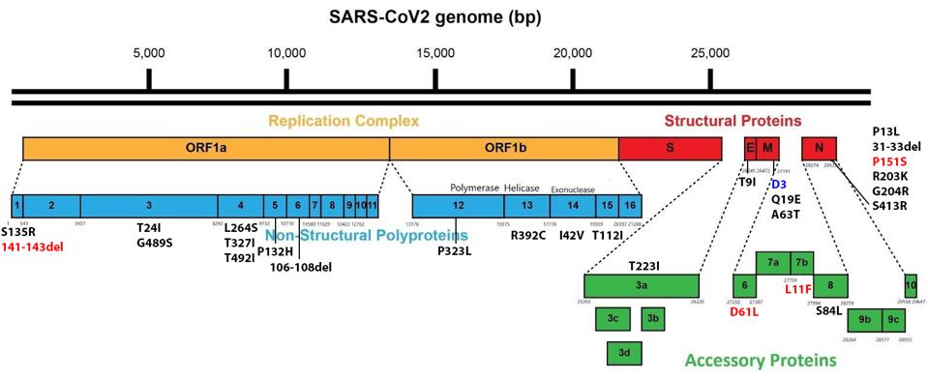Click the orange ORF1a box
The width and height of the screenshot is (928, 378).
pos(205,148)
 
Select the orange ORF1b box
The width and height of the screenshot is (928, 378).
pos(503,148)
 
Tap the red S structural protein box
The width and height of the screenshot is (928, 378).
pos(670,148)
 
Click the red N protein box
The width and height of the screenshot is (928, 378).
pos(819,148)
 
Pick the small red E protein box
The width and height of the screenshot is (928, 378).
pos(750,148)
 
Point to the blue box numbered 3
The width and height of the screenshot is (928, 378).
pos(149,205)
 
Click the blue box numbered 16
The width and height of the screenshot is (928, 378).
pos(630,205)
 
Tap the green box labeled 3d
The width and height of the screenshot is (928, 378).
pos(625,353)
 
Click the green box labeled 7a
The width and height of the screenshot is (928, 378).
pos(773,261)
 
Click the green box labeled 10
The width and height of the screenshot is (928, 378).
pos(911,285)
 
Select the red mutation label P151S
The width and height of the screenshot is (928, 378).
pos(888,160)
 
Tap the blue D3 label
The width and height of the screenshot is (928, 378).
pos(779,183)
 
